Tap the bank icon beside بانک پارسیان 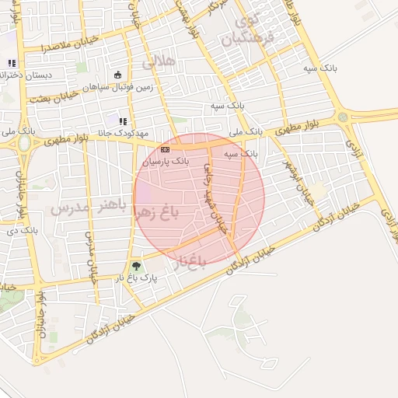coord(165,148)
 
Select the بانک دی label coord(22,231)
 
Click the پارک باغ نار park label coord(137,278)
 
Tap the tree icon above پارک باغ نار coord(137,266)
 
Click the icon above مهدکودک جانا coord(122,121)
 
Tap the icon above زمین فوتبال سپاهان coord(118,75)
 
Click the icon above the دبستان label coord(11,63)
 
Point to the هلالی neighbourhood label coord(160,60)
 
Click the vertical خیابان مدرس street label coord(91,257)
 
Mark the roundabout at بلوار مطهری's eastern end coord(343,117)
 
